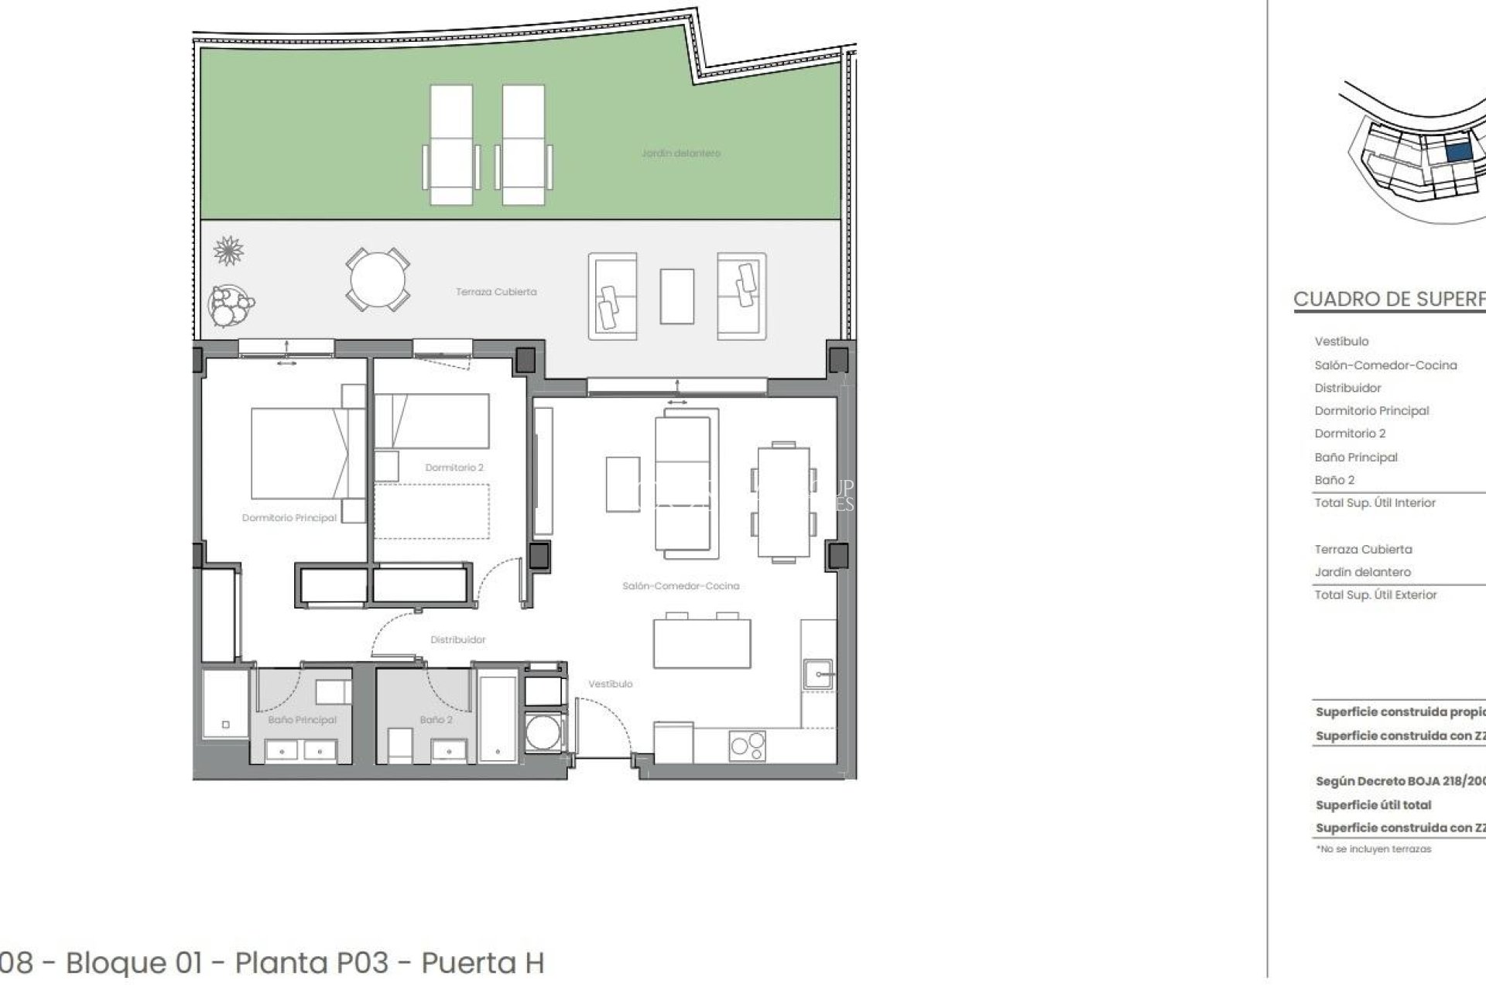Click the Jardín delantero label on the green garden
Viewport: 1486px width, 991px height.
pyautogui.click(x=680, y=153)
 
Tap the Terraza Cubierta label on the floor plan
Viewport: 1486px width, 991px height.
pyautogui.click(x=495, y=292)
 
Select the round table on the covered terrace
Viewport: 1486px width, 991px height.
pyautogui.click(x=378, y=279)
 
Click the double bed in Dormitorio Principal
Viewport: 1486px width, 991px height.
pyautogui.click(x=302, y=454)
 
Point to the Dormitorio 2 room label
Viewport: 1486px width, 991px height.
pyautogui.click(x=454, y=468)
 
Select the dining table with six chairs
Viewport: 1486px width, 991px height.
pyautogui.click(x=783, y=502)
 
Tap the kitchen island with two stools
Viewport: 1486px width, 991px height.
pyautogui.click(x=701, y=642)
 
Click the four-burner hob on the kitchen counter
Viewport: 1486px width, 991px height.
pyautogui.click(x=747, y=746)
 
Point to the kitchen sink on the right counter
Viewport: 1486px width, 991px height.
pyautogui.click(x=818, y=674)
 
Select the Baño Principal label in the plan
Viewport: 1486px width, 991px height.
pyautogui.click(x=302, y=720)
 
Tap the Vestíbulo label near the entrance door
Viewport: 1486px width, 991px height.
pyautogui.click(x=610, y=684)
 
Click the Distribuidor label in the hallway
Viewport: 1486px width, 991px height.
pyautogui.click(x=458, y=640)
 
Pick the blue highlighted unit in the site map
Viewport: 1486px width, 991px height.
pyautogui.click(x=1458, y=153)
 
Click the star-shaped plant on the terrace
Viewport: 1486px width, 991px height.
pyautogui.click(x=228, y=251)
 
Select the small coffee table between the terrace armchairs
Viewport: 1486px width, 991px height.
pyautogui.click(x=676, y=296)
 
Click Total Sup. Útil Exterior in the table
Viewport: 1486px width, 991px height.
pyautogui.click(x=1375, y=595)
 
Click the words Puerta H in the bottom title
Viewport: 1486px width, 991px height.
pyautogui.click(x=482, y=963)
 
